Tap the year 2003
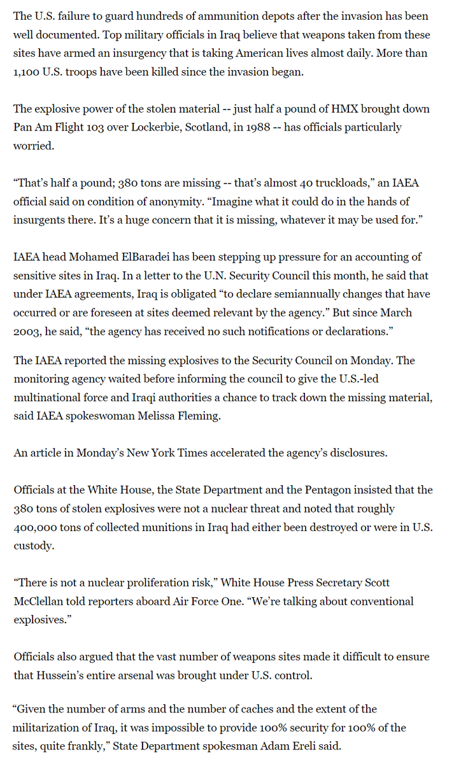[28, 331]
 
